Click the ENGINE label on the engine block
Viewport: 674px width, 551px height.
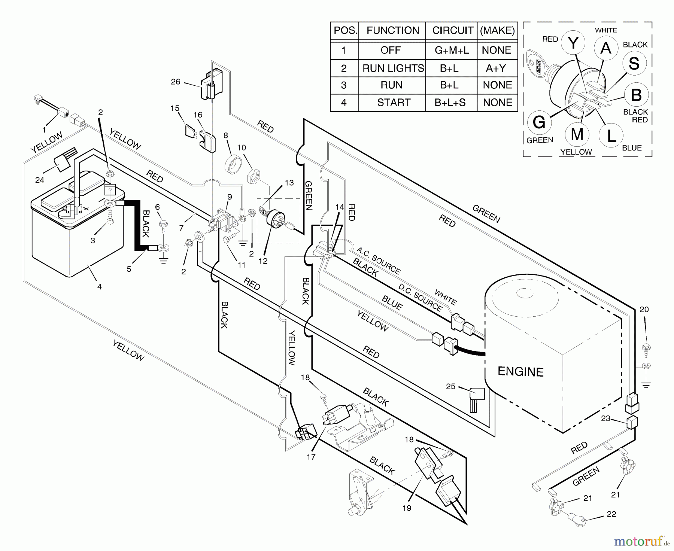coord(520,372)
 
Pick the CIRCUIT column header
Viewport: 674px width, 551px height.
coord(452,30)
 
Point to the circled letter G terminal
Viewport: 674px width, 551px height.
coord(538,122)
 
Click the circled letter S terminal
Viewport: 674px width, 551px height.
coord(634,63)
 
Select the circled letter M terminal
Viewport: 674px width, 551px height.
coord(577,134)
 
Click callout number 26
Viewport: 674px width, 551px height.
coord(175,82)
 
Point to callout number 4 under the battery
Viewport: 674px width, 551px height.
coord(99,287)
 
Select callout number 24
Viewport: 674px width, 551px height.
coord(40,180)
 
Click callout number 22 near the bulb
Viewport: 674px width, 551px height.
coord(611,514)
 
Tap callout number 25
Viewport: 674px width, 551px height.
coord(450,386)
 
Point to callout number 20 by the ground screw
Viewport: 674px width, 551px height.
coord(644,309)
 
